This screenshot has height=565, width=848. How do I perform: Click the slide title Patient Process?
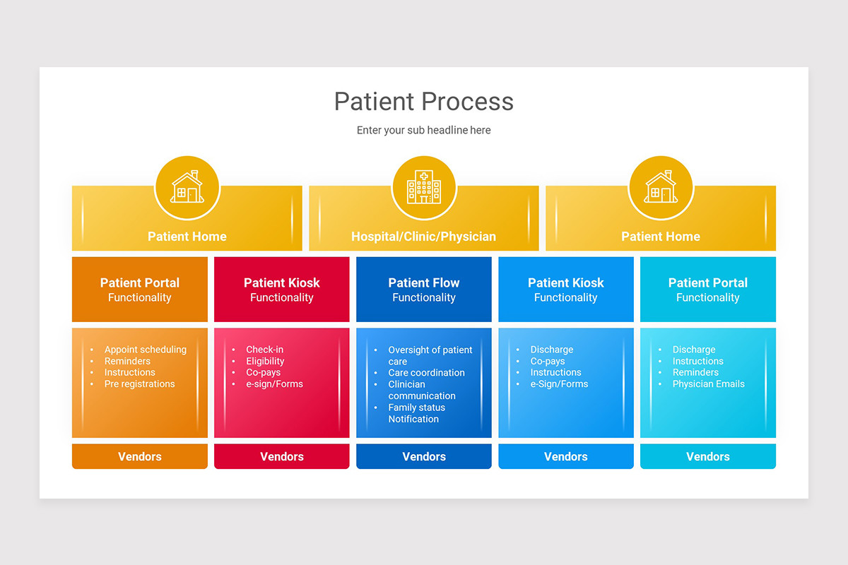click(x=423, y=102)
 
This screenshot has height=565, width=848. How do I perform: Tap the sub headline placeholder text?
click(x=423, y=130)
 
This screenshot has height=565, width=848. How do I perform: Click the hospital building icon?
click(x=423, y=188)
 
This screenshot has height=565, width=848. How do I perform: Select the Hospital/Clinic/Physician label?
click(x=423, y=237)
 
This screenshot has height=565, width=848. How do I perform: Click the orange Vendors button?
click(x=139, y=456)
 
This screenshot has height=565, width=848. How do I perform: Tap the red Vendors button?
click(x=281, y=456)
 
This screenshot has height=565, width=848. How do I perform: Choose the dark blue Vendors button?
click(x=423, y=456)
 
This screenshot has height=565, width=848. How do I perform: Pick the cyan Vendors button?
click(x=707, y=456)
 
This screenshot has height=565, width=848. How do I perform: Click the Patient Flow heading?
click(x=423, y=282)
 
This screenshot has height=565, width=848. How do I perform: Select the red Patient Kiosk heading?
click(x=281, y=282)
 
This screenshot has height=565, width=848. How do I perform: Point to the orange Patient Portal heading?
click(x=139, y=282)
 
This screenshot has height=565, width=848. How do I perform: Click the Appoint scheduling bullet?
click(x=145, y=350)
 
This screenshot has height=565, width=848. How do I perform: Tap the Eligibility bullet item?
click(x=265, y=361)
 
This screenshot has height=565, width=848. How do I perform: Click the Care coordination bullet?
click(x=426, y=373)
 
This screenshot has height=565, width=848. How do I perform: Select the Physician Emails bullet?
click(x=708, y=384)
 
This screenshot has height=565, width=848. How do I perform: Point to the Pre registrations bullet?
click(x=139, y=384)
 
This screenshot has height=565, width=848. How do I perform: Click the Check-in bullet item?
click(x=264, y=350)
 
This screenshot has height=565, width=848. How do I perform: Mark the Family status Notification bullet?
click(x=416, y=413)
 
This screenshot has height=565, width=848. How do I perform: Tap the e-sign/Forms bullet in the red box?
click(x=274, y=384)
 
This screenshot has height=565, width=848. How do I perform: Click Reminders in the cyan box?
click(x=695, y=373)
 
